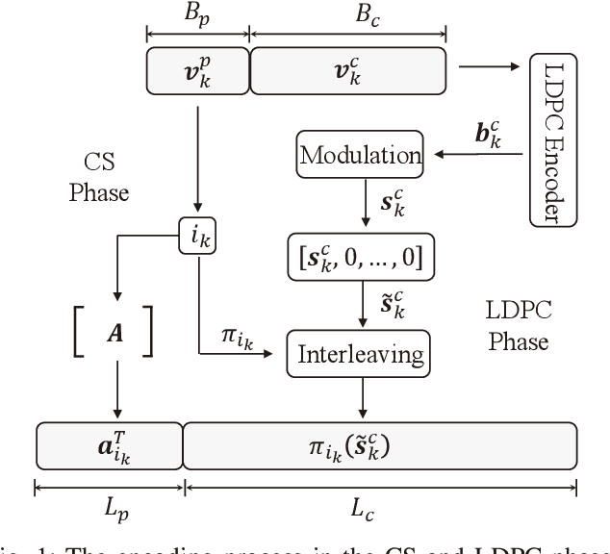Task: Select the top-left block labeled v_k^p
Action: [x=196, y=70]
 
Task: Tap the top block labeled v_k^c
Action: [x=347, y=70]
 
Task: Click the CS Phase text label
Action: [x=99, y=176]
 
